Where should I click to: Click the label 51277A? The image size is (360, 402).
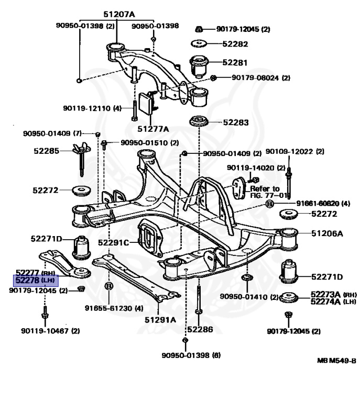pyautogui.click(x=154, y=128)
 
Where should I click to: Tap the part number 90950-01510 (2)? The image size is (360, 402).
pyautogui.click(x=149, y=142)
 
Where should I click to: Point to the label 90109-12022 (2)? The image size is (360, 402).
pyautogui.click(x=295, y=152)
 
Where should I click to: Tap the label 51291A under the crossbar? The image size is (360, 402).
pyautogui.click(x=160, y=319)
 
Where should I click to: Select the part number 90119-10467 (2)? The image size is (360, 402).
pyautogui.click(x=50, y=331)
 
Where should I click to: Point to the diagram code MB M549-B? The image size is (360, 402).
pyautogui.click(x=336, y=361)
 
